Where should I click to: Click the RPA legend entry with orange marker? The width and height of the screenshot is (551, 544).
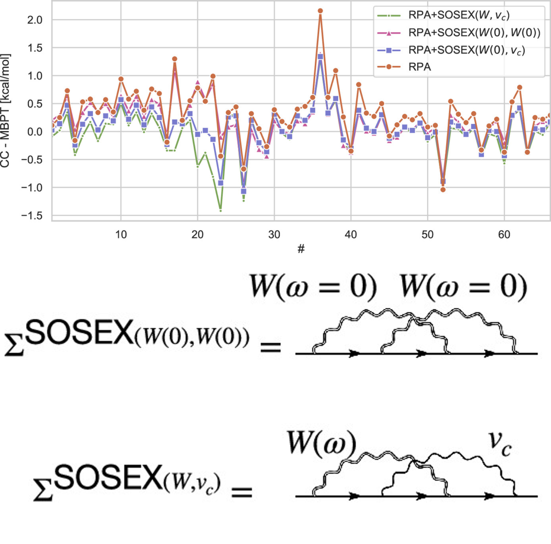pos(420,67)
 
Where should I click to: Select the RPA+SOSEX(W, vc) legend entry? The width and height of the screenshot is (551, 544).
pos(458,15)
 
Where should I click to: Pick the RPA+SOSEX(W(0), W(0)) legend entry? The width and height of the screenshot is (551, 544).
pos(474,33)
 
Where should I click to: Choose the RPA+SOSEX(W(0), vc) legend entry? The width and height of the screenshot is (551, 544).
pos(466,50)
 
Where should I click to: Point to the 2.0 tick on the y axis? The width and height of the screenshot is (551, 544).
pos(35,20)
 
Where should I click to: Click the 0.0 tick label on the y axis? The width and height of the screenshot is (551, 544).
pos(35,132)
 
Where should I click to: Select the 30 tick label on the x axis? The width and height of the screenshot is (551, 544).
pos(274,235)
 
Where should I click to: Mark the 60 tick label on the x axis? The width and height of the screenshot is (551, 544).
pos(504,235)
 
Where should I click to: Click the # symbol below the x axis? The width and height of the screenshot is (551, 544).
pos(301,248)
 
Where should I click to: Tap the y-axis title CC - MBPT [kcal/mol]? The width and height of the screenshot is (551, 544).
pos(5,111)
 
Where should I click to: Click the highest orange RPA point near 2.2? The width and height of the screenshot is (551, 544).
pos(320,11)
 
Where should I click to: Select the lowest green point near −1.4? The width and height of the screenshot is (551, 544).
pos(220,210)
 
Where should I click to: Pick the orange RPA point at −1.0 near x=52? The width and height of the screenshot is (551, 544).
pos(443,190)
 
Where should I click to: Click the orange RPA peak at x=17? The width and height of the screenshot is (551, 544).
pos(175,59)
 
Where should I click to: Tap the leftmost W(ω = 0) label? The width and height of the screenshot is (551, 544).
pos(313,287)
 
